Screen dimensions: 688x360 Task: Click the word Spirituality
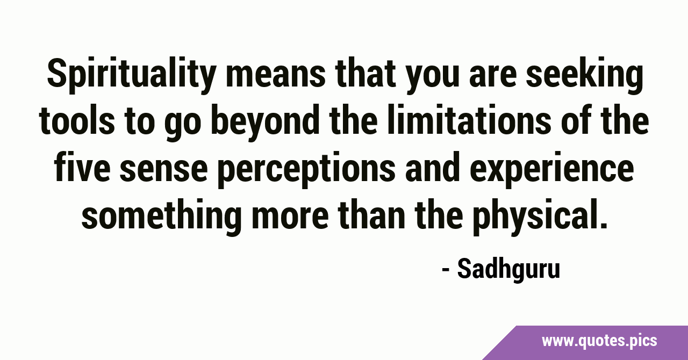point(130,75)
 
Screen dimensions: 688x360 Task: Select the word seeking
point(584,75)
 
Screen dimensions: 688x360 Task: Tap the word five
point(82,169)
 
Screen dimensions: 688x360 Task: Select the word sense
point(164,171)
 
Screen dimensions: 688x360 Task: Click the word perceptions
point(306,170)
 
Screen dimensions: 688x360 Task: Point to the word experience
point(551,170)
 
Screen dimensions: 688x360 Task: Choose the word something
point(161,217)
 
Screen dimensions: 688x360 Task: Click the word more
point(290,219)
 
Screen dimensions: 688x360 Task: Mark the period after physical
point(603,225)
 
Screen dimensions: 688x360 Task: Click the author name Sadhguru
point(508,269)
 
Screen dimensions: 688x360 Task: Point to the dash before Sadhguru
point(446,270)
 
